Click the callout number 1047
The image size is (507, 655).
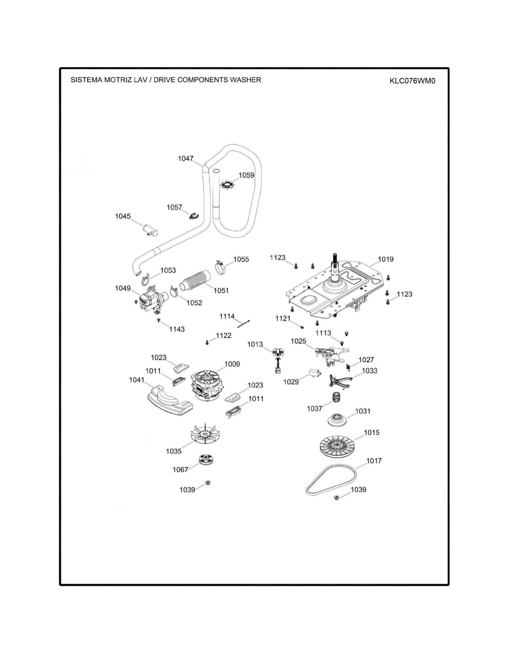(186, 158)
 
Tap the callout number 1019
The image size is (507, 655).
(386, 259)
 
